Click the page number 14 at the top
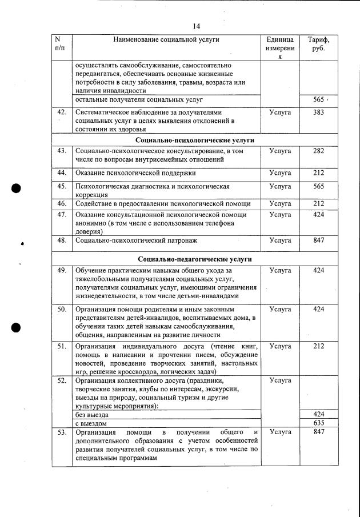(x=196, y=26)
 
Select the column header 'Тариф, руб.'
(x=318, y=45)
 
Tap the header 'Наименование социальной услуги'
(x=166, y=39)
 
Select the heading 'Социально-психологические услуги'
(x=195, y=140)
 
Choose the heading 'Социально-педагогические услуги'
(x=195, y=259)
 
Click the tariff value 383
(x=318, y=113)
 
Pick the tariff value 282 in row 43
(x=318, y=151)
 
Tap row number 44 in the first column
(x=62, y=173)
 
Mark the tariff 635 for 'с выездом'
(x=318, y=424)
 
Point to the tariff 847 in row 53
(x=318, y=432)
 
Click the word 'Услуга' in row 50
(x=280, y=309)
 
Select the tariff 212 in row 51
(x=318, y=346)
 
